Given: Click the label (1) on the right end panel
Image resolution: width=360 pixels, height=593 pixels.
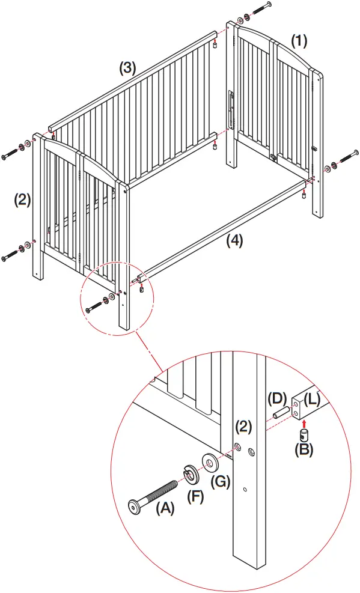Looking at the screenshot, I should coord(299,41).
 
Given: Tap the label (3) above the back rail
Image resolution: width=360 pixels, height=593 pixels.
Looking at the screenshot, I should coord(126,68).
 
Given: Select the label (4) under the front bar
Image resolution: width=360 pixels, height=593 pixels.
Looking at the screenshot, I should coord(234,241).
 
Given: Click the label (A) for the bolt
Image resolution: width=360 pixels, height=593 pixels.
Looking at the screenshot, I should coord(165,508).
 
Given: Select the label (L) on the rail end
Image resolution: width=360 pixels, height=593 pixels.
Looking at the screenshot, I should coord(314,398).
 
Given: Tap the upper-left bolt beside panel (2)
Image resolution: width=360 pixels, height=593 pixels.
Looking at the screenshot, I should coord(11,151).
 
